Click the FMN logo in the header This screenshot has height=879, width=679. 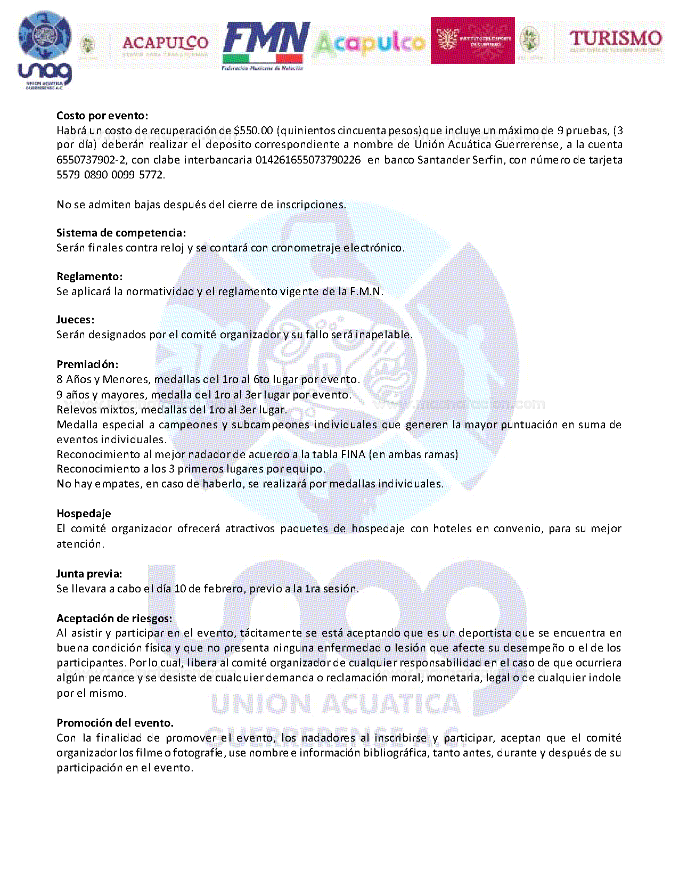266,46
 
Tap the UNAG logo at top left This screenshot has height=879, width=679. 45,51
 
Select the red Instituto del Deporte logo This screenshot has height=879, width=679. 472,40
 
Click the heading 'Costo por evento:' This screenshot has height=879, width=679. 102,116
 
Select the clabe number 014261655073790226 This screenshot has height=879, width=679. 308,160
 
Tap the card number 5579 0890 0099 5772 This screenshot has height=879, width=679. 110,175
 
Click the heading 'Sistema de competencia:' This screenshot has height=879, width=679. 121,233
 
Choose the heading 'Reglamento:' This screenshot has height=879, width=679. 89,276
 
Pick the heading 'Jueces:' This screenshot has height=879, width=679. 75,320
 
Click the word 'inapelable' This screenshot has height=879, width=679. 383,335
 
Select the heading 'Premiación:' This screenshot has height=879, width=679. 87,364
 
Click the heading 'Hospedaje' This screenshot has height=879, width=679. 84,514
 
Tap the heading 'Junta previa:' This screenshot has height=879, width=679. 89,574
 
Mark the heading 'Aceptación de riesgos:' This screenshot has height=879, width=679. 114,618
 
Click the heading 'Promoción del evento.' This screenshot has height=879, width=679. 115,723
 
